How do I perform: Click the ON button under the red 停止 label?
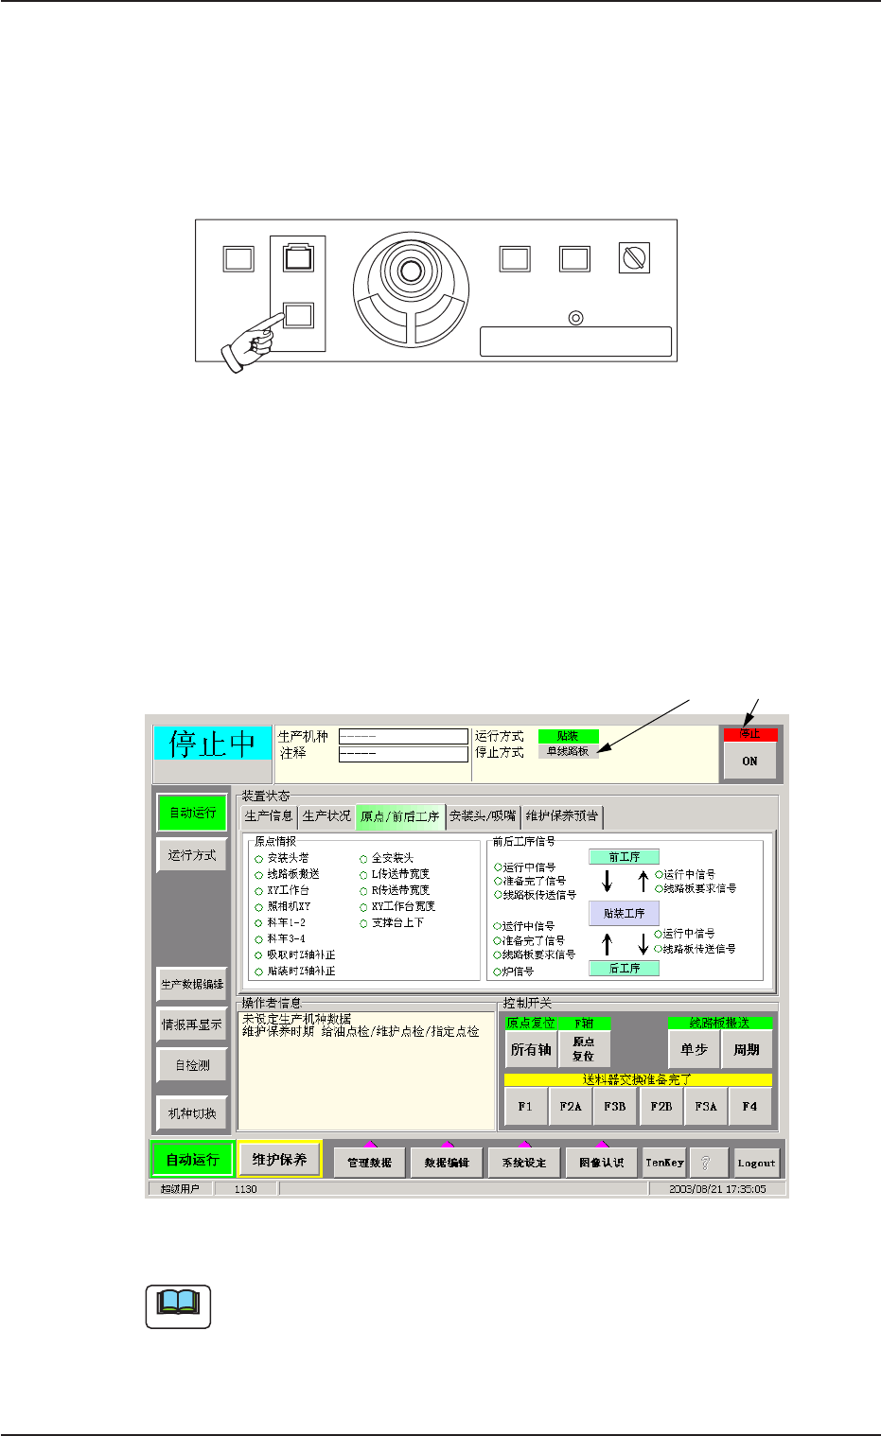[749, 761]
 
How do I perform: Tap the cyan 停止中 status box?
[213, 744]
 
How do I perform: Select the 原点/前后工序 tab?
[400, 815]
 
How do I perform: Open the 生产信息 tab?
[269, 815]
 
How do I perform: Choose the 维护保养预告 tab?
[562, 815]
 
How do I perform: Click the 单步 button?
[694, 1049]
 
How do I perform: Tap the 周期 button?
[747, 1049]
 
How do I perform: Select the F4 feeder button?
[749, 1106]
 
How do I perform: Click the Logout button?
[756, 1163]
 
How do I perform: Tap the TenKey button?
[664, 1163]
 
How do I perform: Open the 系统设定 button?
[523, 1163]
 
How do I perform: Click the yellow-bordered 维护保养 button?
[279, 1159]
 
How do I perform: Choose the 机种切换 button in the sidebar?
[192, 1113]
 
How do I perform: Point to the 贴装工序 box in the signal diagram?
[624, 913]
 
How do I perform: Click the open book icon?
[178, 1306]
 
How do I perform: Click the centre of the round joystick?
[411, 271]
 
